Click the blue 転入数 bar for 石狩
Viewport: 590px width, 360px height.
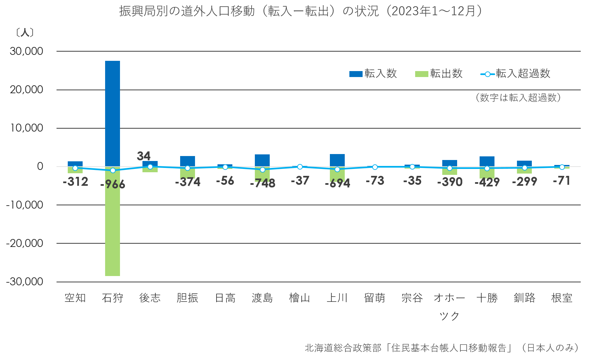[x=112, y=112]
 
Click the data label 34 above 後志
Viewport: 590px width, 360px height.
[x=143, y=156]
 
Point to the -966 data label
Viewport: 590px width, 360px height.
[x=113, y=184]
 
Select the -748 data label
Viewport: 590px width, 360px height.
[x=262, y=183]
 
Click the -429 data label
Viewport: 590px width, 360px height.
[x=487, y=182]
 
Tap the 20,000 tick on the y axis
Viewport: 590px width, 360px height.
[x=26, y=90]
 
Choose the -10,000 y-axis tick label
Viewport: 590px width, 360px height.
[x=25, y=205]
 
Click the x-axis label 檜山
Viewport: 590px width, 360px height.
[x=299, y=298]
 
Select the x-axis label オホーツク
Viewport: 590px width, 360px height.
[x=450, y=306]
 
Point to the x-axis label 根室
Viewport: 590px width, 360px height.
[x=562, y=298]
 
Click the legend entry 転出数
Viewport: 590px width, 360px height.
[x=439, y=74]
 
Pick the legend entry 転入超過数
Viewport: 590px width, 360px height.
[x=516, y=74]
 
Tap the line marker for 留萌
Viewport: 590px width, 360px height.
[x=375, y=167]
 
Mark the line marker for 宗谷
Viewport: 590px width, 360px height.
[x=412, y=167]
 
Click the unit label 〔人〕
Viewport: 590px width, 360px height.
[x=24, y=33]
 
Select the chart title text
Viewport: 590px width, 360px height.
[x=301, y=11]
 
